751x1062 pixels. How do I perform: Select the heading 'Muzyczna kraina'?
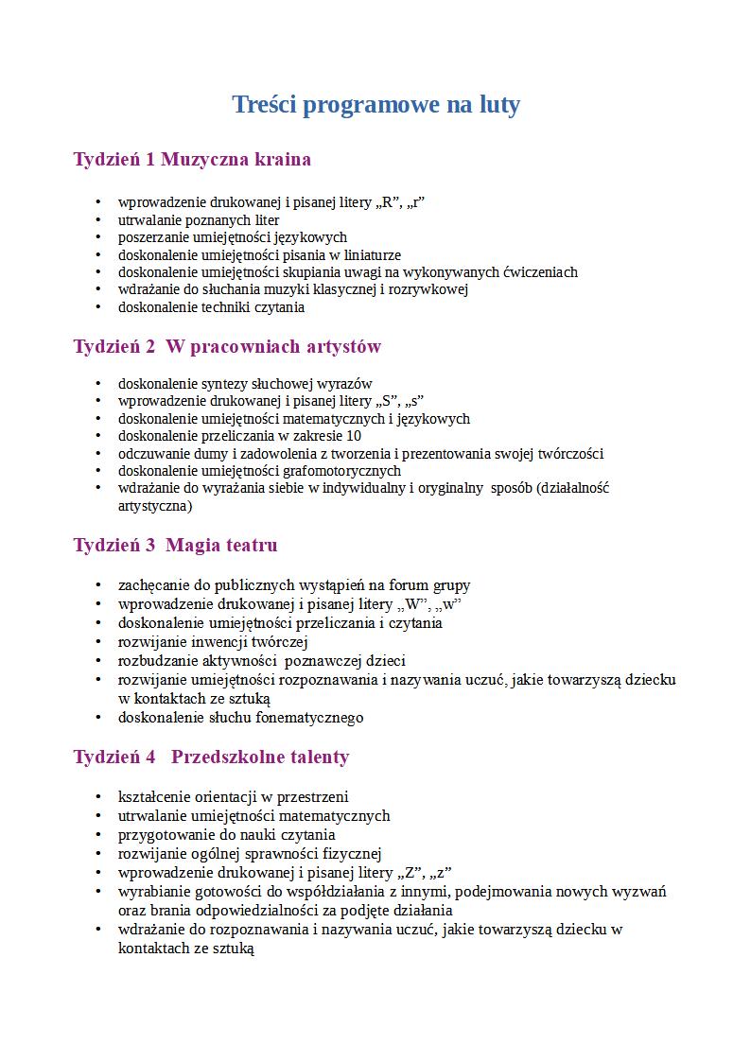[236, 159]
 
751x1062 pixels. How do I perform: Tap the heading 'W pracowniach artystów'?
[273, 346]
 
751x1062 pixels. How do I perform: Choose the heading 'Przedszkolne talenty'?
[260, 757]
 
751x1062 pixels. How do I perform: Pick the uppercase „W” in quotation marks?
[414, 604]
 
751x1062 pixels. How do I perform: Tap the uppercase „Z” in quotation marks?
[411, 873]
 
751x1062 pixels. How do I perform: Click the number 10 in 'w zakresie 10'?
[353, 436]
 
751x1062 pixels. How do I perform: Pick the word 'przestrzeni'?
[314, 797]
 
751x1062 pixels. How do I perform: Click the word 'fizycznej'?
[352, 854]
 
